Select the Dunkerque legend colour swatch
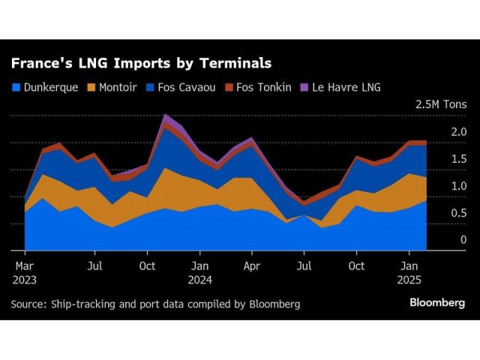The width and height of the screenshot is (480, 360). point(16,87)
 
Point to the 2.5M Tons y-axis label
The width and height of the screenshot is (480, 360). point(440,104)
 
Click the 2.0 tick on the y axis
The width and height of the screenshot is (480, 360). point(458,132)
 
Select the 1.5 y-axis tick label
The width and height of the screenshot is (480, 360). point(458,159)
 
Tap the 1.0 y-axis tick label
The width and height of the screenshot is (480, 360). point(458,186)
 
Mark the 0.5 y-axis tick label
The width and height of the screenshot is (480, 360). point(458,213)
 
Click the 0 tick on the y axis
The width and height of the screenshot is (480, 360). point(463,240)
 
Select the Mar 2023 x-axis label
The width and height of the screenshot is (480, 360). point(25,272)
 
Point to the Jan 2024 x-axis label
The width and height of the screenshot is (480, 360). point(199,272)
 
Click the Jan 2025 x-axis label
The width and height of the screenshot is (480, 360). point(409,272)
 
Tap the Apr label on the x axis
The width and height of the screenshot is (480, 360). point(252,265)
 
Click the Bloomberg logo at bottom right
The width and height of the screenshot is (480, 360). point(437,303)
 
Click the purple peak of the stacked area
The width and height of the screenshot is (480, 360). point(166,116)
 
